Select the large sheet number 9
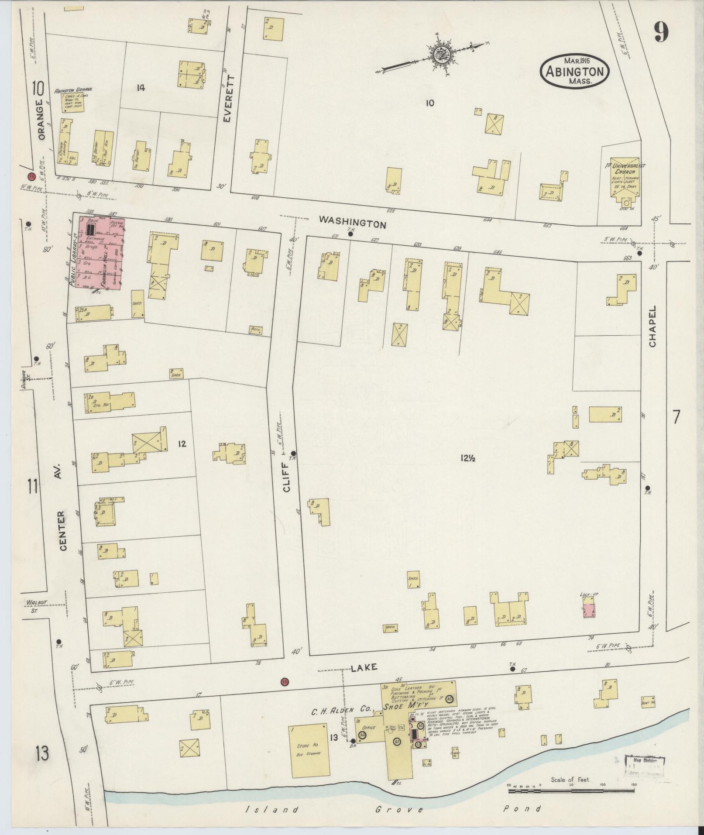(661, 32)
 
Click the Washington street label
(352, 222)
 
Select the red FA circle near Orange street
(31, 177)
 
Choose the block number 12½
(467, 458)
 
